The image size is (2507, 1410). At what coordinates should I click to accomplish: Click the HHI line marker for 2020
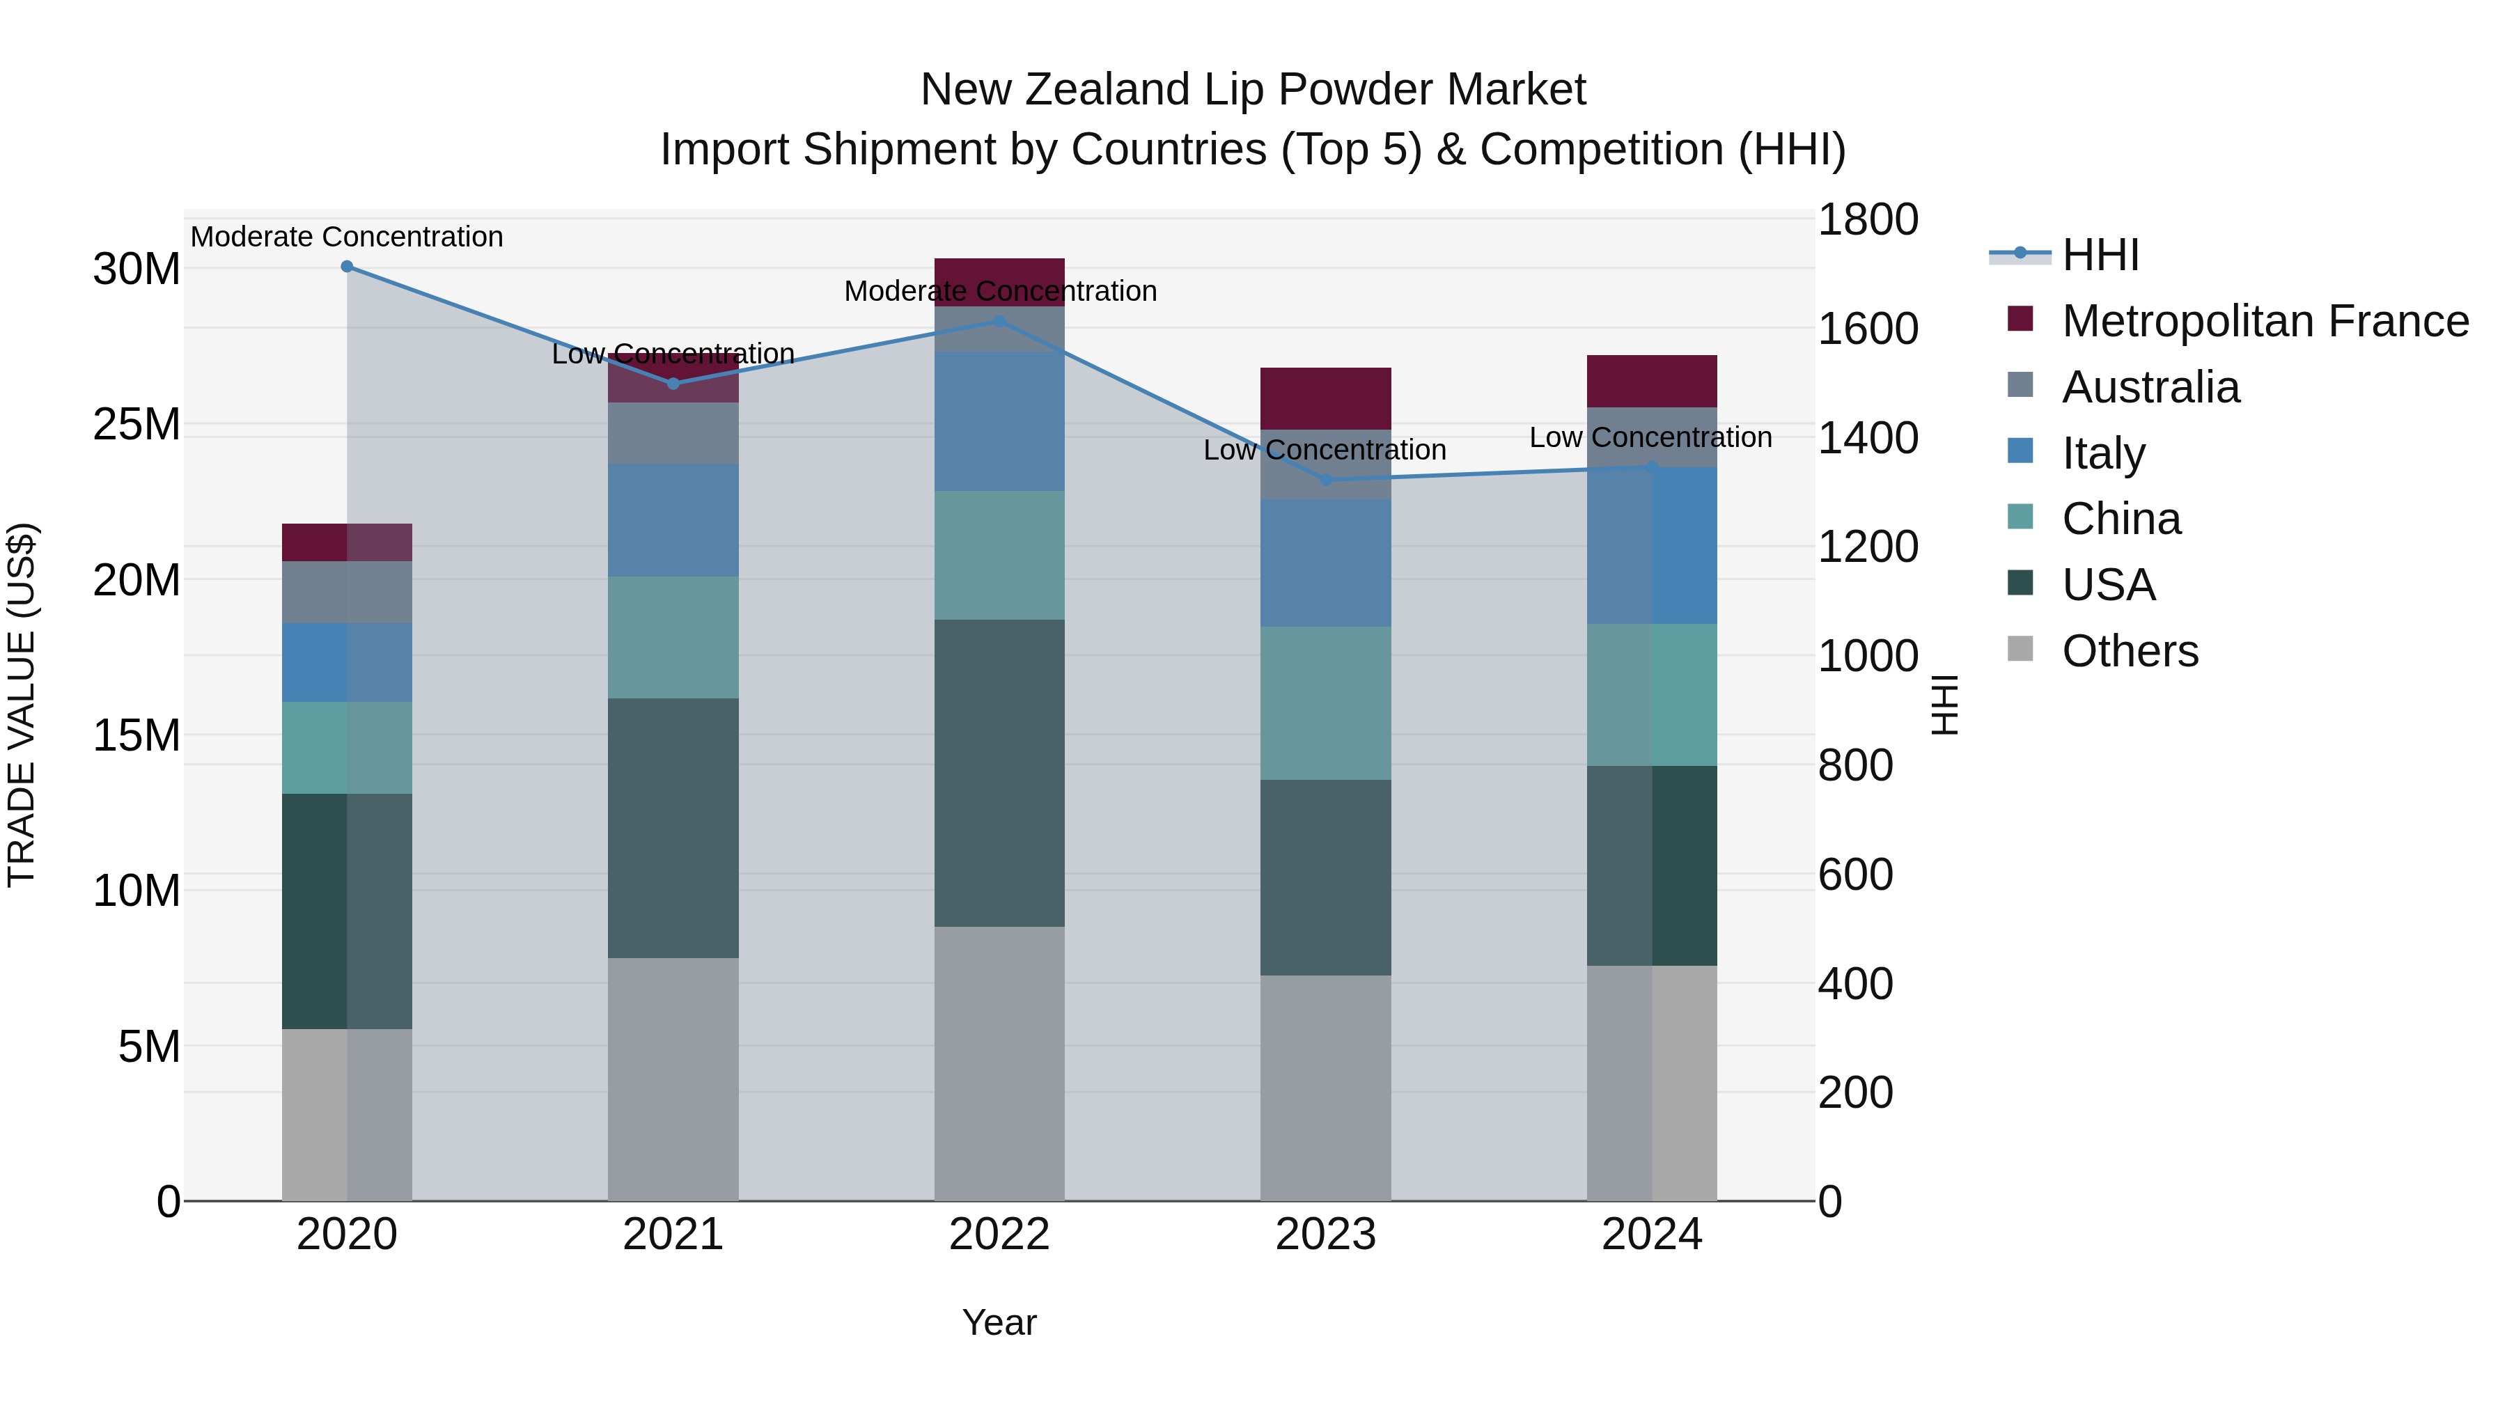[x=347, y=267]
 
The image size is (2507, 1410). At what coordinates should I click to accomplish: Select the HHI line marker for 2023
[x=1325, y=480]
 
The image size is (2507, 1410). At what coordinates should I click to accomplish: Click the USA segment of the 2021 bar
[x=673, y=827]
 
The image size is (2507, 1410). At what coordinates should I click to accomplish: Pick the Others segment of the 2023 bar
[x=1325, y=1087]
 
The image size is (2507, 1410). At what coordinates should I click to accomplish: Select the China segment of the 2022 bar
[x=999, y=555]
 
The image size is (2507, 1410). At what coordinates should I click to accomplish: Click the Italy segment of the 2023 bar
[x=1325, y=563]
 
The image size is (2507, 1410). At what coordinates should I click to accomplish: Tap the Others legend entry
[x=2130, y=651]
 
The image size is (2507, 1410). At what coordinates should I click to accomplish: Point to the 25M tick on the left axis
[x=136, y=424]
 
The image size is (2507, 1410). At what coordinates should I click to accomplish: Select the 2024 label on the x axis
[x=1652, y=1235]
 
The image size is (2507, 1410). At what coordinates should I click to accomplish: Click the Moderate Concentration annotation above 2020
[x=347, y=237]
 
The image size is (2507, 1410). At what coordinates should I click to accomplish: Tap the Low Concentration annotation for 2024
[x=1650, y=438]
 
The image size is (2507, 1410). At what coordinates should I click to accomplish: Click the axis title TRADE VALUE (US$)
[x=22, y=705]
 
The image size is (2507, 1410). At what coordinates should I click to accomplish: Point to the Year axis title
[x=999, y=1322]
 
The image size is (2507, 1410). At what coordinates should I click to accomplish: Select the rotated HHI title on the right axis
[x=1944, y=705]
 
